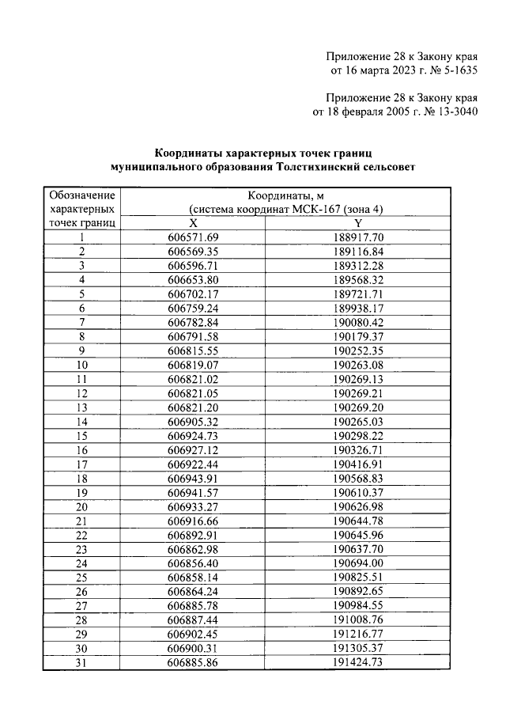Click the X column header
[193, 222]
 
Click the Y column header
[357, 222]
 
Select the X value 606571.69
[193, 237]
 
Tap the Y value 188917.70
[357, 237]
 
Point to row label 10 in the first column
[81, 365]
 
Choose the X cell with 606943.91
[193, 478]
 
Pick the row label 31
[81, 662]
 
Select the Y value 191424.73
[357, 662]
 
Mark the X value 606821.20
[193, 407]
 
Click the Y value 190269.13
[357, 379]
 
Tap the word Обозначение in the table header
[81, 195]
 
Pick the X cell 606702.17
[193, 294]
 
